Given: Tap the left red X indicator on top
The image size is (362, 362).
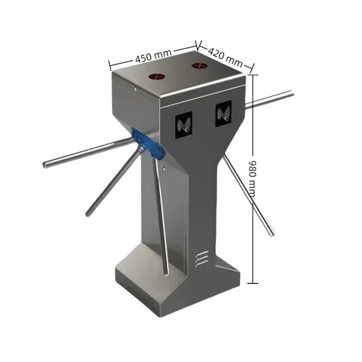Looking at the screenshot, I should (158, 77).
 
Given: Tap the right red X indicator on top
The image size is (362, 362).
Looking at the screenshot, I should (200, 65).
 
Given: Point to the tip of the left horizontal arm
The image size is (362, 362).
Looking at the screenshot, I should (46, 164).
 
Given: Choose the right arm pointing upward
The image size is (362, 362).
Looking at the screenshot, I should (271, 99).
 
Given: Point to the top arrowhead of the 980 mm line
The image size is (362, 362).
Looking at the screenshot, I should (253, 76).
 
